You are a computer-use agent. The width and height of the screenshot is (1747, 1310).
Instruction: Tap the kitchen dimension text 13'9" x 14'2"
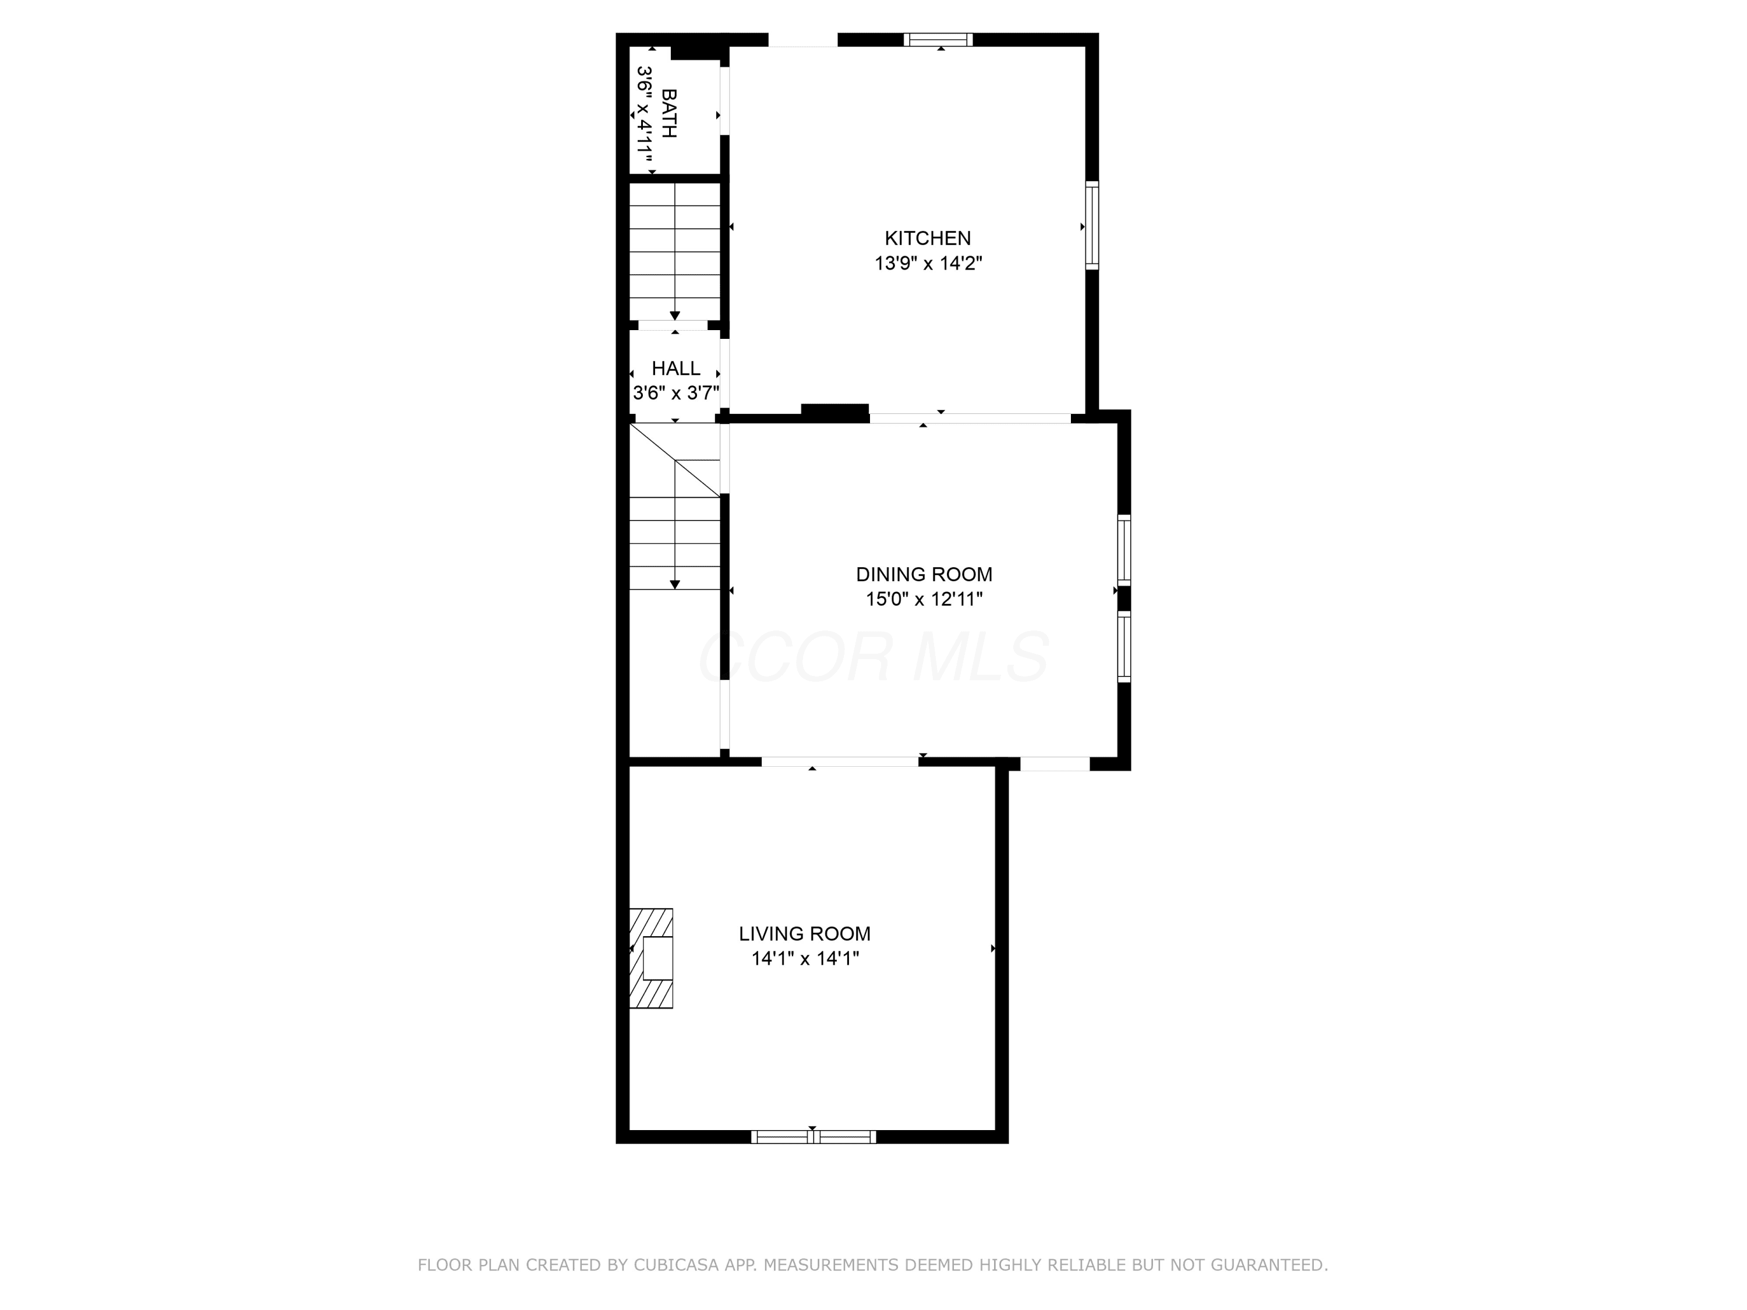(928, 263)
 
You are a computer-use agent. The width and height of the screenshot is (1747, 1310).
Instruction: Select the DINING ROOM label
(924, 574)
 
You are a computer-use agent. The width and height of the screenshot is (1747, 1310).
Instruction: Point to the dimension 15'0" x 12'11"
(924, 599)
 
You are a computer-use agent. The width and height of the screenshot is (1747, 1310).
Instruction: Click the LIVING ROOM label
(805, 933)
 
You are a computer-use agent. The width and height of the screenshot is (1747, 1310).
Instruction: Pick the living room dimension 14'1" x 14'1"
(805, 958)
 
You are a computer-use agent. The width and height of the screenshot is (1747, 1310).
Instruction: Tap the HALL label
(676, 368)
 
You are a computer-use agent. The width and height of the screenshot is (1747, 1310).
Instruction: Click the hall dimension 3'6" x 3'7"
(676, 392)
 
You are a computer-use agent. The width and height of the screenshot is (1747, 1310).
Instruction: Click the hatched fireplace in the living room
(651, 958)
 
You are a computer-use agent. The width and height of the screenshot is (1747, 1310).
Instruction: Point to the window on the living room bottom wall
(814, 1137)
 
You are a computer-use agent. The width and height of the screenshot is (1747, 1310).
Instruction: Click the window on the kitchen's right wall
(1092, 225)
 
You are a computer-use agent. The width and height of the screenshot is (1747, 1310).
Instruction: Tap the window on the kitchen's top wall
(938, 40)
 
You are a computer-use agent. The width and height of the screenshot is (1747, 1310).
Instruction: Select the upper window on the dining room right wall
(1124, 550)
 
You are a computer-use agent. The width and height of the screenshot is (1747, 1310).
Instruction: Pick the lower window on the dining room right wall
(1124, 646)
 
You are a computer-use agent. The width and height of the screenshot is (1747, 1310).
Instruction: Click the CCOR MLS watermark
(874, 656)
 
